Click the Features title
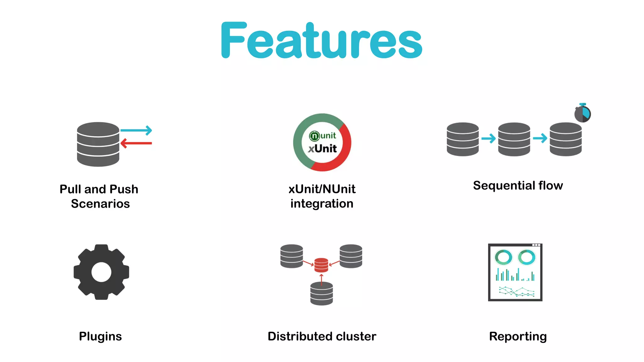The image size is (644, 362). click(322, 41)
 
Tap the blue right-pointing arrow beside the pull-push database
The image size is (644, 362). click(136, 130)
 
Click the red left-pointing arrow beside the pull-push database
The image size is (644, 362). click(136, 143)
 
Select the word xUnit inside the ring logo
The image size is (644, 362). click(322, 148)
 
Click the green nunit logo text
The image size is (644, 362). click(323, 135)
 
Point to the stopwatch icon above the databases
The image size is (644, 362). click(582, 113)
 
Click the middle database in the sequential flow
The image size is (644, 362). click(514, 139)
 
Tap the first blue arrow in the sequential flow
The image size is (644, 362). click(488, 138)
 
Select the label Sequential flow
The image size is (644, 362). click(518, 185)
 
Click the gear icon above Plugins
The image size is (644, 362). click(101, 272)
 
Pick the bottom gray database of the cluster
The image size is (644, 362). click(321, 293)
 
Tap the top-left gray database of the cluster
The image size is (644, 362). click(291, 256)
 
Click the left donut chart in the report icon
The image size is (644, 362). click(503, 257)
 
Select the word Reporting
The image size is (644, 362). click(518, 337)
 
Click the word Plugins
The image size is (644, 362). click(100, 337)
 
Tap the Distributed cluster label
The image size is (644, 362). click(322, 337)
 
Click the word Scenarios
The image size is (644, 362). click(100, 204)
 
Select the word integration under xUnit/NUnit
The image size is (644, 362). click(322, 204)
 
